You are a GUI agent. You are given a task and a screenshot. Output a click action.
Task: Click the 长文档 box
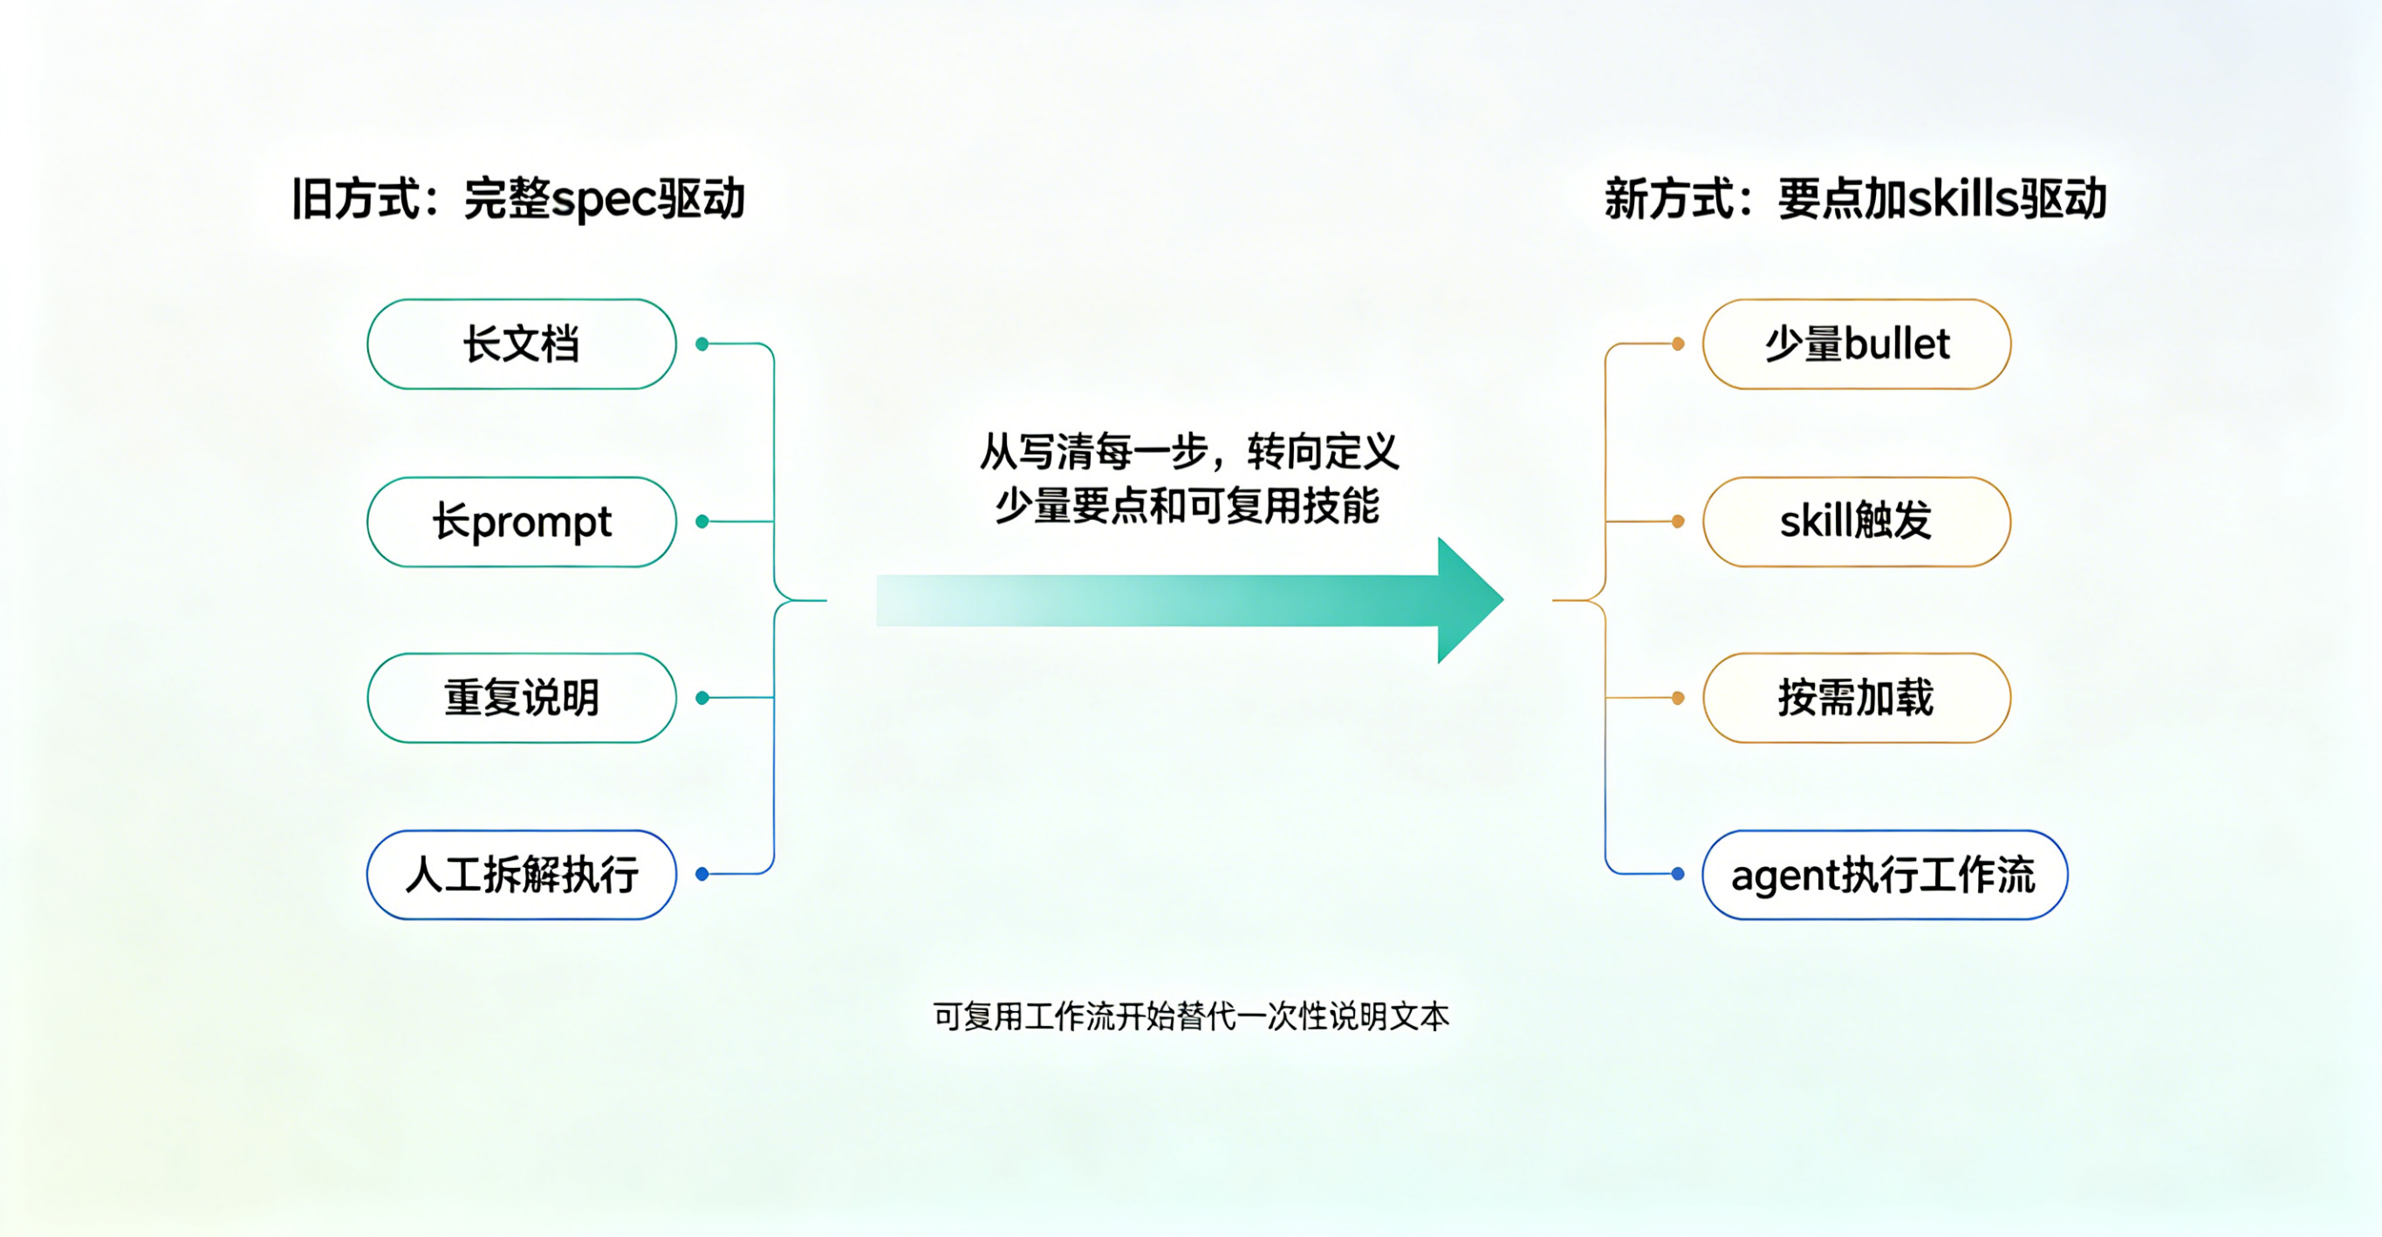522,344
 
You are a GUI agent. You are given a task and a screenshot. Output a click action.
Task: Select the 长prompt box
522,522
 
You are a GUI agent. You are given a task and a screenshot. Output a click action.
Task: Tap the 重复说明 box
522,698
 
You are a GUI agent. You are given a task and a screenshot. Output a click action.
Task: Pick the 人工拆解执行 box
522,875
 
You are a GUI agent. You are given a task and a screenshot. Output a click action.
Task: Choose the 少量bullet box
1856,344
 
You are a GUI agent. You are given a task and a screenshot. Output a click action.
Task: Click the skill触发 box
1856,522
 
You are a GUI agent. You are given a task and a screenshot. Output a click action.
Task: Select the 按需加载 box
1856,698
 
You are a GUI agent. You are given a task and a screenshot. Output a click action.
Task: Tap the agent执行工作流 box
1884,875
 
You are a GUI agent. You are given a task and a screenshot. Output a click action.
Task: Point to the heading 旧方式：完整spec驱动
517,199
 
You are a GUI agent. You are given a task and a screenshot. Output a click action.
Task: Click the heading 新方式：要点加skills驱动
1855,199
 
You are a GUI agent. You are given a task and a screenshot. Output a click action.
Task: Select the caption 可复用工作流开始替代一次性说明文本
1191,1017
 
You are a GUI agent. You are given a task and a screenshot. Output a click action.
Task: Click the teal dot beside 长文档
702,344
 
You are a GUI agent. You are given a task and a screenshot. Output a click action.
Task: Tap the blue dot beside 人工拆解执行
702,874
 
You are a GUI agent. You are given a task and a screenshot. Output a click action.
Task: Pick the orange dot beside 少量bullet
1677,344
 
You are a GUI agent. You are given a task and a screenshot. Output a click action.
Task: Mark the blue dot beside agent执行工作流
1677,874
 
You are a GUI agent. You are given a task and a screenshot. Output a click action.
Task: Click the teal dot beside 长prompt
702,522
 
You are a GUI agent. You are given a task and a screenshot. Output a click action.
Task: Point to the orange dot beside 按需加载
1677,698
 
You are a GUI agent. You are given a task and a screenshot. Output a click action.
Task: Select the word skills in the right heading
1962,199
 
